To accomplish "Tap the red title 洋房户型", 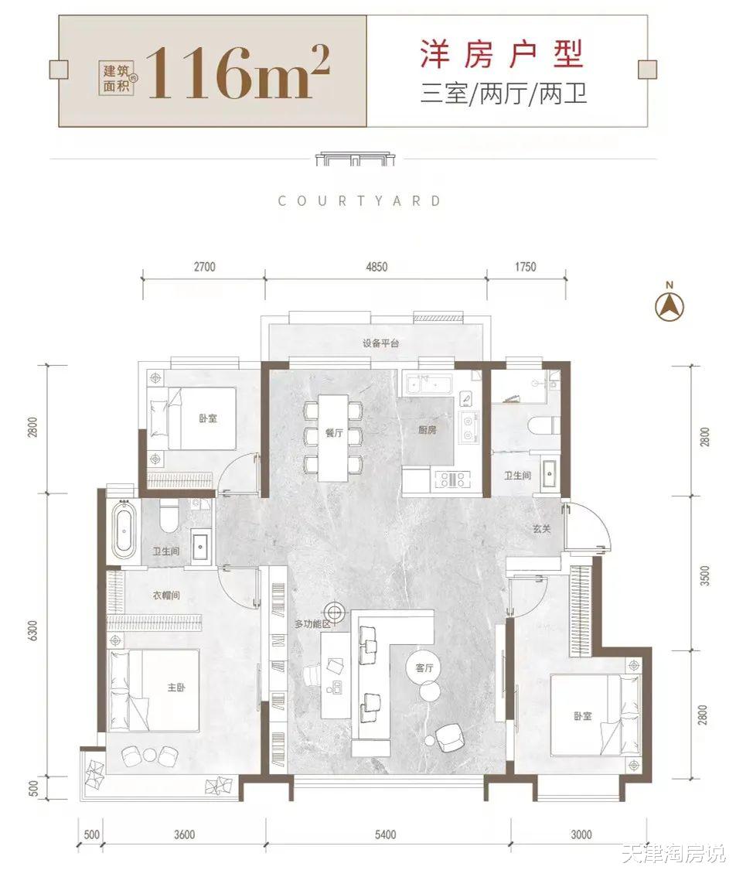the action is pyautogui.click(x=502, y=54).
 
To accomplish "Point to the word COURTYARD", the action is pyautogui.click(x=360, y=201).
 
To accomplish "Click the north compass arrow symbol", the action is pyautogui.click(x=670, y=305).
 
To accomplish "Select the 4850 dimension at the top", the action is pyautogui.click(x=377, y=267).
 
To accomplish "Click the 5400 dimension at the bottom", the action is pyautogui.click(x=385, y=834).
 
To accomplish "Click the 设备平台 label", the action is pyautogui.click(x=380, y=343).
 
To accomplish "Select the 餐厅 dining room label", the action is pyautogui.click(x=334, y=432).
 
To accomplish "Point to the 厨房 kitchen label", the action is pyautogui.click(x=428, y=429).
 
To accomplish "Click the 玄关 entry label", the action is pyautogui.click(x=541, y=528).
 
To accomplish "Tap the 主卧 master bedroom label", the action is pyautogui.click(x=176, y=687).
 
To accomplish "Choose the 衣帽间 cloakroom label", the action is pyautogui.click(x=166, y=595).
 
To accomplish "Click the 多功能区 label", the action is pyautogui.click(x=313, y=623).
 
